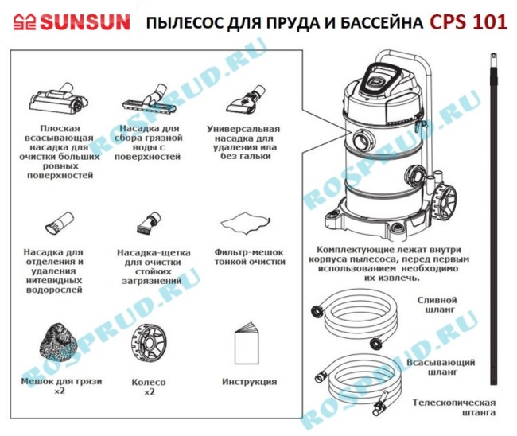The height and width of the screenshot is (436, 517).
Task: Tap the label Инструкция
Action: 250,382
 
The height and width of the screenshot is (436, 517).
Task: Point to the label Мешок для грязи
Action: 60,382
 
